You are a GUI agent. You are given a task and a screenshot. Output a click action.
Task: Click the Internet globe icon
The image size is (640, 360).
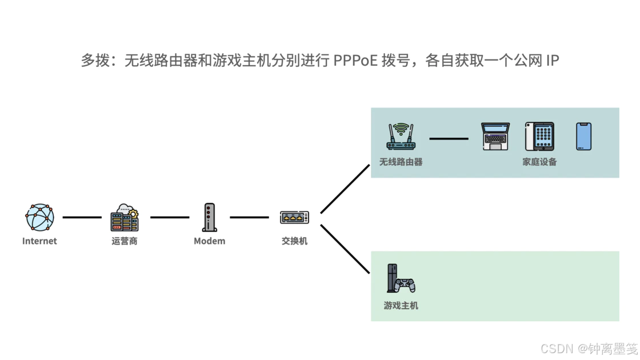pos(39,217)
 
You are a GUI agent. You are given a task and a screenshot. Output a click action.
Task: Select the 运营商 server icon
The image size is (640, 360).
pos(125,217)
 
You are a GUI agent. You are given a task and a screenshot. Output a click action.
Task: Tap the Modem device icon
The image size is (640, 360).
pos(209,217)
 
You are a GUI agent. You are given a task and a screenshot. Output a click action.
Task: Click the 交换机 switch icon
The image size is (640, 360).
pos(294,217)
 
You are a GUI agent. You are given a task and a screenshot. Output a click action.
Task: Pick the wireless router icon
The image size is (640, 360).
pos(401,137)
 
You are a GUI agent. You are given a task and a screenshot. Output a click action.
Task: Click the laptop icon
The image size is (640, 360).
pos(495,137)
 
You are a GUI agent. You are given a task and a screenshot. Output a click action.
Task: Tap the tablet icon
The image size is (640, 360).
pos(539,137)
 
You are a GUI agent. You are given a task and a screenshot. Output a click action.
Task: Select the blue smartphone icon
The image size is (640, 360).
pos(583,137)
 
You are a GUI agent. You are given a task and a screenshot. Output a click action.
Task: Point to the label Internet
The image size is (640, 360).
pos(39,241)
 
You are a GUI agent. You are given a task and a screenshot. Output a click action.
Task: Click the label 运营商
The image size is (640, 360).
pos(125,241)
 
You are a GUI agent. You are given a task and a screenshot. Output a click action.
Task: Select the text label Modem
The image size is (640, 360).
pos(209,241)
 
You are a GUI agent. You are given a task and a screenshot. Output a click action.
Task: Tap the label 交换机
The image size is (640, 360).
pos(294,241)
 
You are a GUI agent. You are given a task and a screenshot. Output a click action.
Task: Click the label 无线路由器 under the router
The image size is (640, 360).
pos(401,162)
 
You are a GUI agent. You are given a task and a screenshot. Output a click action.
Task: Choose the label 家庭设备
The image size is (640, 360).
pos(539,162)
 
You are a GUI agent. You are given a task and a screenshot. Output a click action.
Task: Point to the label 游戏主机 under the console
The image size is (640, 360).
pos(401,306)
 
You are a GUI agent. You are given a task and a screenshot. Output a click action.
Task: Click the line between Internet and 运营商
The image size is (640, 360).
pos(82,217)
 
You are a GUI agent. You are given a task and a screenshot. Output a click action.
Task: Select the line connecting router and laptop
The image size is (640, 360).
pos(449,138)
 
